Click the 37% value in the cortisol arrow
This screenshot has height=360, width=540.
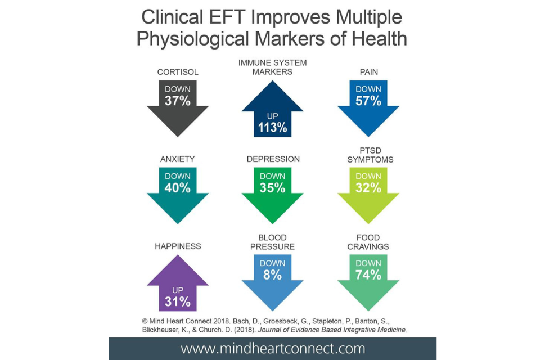click(178, 101)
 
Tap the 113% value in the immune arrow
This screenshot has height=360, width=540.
click(273, 127)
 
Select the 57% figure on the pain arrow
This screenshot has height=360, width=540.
click(368, 101)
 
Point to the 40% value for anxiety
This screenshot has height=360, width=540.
click(178, 188)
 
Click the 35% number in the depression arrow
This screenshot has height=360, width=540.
click(273, 188)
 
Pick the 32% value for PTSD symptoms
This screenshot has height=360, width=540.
click(368, 188)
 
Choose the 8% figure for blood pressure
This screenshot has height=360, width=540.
click(273, 275)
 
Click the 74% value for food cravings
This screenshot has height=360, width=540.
click(368, 275)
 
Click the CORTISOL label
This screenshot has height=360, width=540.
click(178, 73)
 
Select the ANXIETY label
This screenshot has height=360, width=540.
click(178, 159)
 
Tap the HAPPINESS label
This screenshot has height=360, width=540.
click(178, 246)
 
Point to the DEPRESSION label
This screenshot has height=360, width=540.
click(273, 159)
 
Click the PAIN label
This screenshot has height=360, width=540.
click(368, 73)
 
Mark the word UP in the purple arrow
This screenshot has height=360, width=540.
click(178, 290)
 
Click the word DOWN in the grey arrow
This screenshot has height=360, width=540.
click(178, 89)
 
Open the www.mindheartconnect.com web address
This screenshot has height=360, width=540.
click(273, 348)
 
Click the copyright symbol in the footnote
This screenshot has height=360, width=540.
click(146, 320)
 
